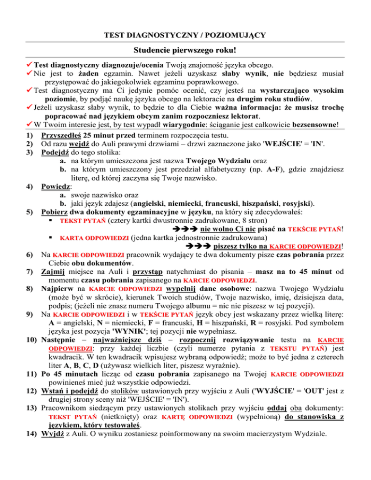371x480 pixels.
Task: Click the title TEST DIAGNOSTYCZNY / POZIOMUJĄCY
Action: (185, 35)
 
